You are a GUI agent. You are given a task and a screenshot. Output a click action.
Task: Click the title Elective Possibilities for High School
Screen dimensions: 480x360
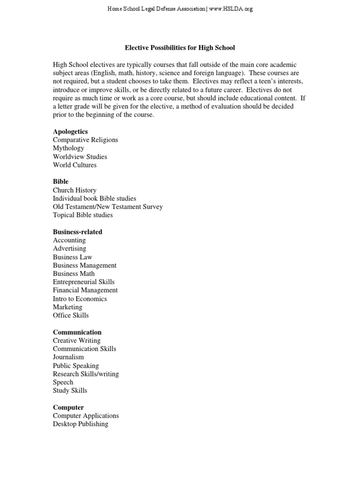(x=180, y=48)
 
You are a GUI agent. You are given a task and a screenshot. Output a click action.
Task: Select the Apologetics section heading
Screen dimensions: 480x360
(x=70, y=132)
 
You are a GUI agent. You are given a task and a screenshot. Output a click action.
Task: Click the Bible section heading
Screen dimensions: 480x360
(x=60, y=181)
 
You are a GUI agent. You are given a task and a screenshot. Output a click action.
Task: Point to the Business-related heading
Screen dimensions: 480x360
(x=77, y=232)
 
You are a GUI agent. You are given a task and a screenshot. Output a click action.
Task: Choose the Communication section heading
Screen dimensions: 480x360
(x=77, y=332)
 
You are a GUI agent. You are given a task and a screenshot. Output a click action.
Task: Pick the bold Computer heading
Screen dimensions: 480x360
(x=68, y=407)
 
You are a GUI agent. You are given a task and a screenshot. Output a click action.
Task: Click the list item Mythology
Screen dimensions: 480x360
(x=68, y=148)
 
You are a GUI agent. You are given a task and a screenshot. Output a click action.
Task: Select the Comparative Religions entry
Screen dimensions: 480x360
(x=85, y=140)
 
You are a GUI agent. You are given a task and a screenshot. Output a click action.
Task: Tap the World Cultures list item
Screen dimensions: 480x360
(x=75, y=165)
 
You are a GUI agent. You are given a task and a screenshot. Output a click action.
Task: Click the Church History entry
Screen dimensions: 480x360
(x=75, y=190)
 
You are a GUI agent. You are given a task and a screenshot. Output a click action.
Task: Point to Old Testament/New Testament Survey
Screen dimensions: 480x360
(x=108, y=207)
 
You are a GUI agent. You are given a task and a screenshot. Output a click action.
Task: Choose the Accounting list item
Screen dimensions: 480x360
(x=69, y=240)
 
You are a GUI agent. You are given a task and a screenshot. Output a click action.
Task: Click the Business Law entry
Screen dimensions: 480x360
(x=72, y=257)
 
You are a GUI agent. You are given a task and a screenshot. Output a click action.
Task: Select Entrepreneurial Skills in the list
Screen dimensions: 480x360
(x=83, y=282)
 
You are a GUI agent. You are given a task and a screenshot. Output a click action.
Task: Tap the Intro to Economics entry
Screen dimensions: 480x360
(x=80, y=299)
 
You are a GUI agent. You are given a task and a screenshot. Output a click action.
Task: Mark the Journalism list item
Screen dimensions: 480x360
(x=68, y=357)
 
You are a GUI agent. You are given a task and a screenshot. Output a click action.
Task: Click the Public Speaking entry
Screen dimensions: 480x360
(x=75, y=366)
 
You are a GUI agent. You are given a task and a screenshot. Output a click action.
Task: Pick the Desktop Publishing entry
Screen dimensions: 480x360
(x=80, y=424)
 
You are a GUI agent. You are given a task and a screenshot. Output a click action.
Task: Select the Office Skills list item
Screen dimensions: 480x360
(x=70, y=315)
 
